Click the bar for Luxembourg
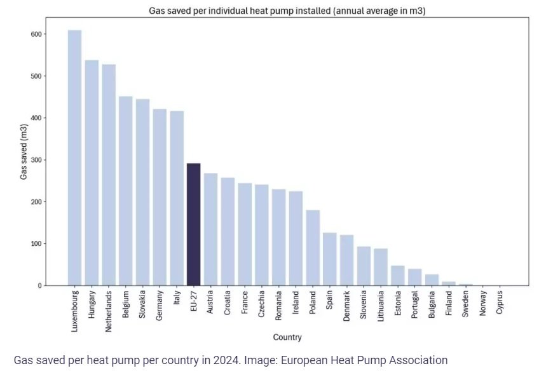[74, 159]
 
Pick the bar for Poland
[313, 248]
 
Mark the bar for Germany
[160, 198]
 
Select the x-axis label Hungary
[92, 308]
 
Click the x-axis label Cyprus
[500, 304]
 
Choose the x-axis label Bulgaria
[432, 307]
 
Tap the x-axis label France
[245, 305]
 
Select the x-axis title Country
[287, 337]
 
